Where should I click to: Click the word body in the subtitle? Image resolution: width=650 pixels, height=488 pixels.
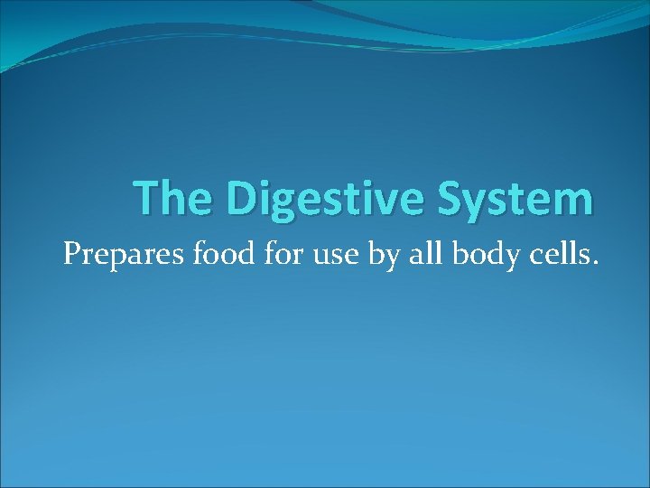click(471, 258)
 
